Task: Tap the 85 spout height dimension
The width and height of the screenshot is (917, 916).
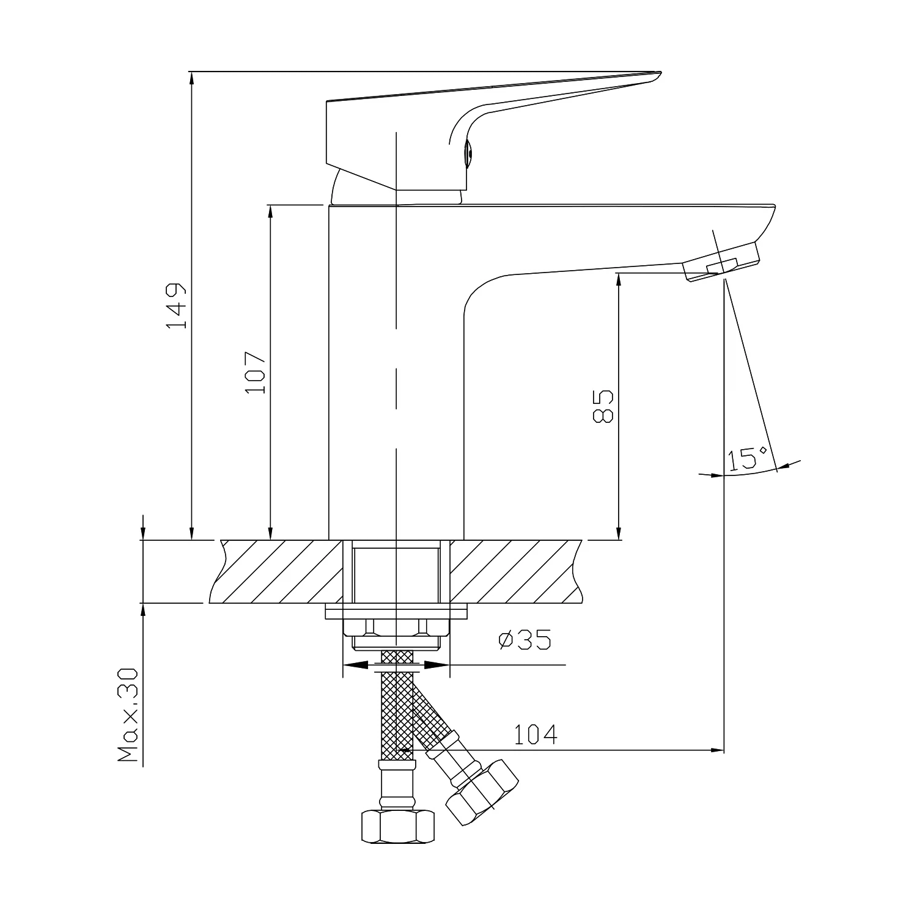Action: point(602,406)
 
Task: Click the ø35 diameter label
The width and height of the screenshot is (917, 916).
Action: point(525,639)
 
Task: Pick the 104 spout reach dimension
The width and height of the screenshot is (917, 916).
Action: point(536,735)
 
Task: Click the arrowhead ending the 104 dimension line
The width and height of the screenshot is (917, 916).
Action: point(718,750)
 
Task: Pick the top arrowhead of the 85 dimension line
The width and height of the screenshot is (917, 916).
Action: point(619,279)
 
